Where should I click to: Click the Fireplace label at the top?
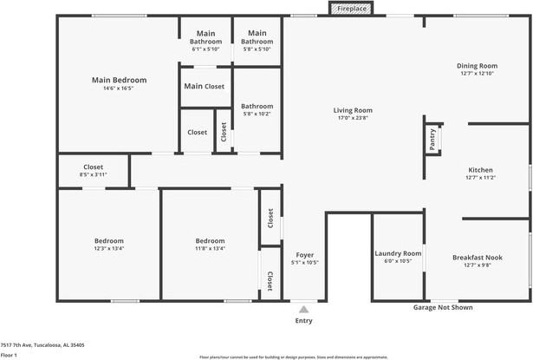tap(353, 9)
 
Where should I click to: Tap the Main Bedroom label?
tap(119, 80)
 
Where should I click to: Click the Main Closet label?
tap(205, 86)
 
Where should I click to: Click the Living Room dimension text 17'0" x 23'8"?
tap(353, 117)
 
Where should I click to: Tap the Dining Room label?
tap(477, 66)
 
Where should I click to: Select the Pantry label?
tap(431, 134)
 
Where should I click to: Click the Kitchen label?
tap(480, 170)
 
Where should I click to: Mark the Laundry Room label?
tap(398, 253)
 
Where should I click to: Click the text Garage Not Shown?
tap(443, 307)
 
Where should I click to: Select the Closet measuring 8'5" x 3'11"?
tap(93, 167)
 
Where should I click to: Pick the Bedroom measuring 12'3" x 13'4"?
tap(109, 240)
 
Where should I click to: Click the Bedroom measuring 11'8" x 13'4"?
tap(210, 240)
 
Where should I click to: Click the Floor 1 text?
tap(10, 355)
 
